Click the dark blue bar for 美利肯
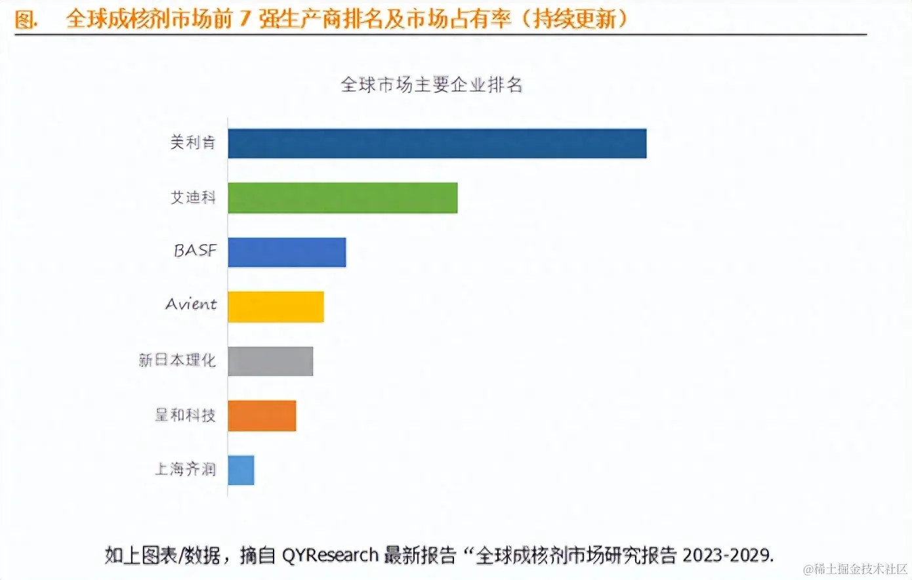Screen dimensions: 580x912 (437, 144)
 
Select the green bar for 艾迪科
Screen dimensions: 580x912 (342, 198)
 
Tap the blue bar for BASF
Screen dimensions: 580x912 (287, 253)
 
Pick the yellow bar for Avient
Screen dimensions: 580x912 (276, 306)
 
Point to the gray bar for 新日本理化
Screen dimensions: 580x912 (270, 361)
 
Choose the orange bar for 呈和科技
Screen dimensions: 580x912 (262, 415)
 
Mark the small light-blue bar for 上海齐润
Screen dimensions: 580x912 (241, 470)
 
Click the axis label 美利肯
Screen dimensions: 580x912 (193, 142)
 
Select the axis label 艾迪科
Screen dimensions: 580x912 (193, 197)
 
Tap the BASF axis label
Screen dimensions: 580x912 (195, 251)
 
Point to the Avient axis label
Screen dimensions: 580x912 (191, 304)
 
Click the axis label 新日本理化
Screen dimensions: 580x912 (177, 360)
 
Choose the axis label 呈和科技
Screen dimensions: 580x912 (185, 415)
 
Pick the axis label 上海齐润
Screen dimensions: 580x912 (185, 469)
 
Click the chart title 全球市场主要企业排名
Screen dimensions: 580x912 (431, 85)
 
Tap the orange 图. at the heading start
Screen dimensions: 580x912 (26, 19)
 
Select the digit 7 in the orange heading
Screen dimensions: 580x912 (245, 18)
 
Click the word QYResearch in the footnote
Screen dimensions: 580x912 (330, 556)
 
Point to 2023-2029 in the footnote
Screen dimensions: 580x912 (727, 556)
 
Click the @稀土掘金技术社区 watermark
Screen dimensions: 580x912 (855, 569)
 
